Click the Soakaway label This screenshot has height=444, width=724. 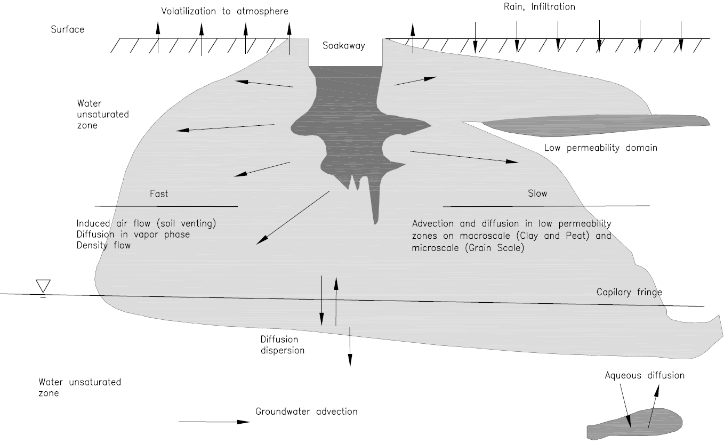pyautogui.click(x=344, y=46)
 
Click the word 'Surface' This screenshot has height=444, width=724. pyautogui.click(x=67, y=29)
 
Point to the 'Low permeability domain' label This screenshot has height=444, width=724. pyautogui.click(x=600, y=148)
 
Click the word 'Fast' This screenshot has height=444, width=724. pyautogui.click(x=159, y=194)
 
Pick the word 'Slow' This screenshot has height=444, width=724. pyautogui.click(x=537, y=193)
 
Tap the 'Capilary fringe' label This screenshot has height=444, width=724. pyautogui.click(x=629, y=292)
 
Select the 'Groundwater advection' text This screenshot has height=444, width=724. pyautogui.click(x=306, y=411)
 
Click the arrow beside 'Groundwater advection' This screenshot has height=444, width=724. pyautogui.click(x=213, y=422)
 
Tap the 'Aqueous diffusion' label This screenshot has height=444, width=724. pyautogui.click(x=644, y=375)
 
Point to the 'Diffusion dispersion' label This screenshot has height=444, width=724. pyautogui.click(x=282, y=345)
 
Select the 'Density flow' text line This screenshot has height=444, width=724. pyautogui.click(x=103, y=245)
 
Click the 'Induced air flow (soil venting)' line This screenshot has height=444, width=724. pyautogui.click(x=146, y=223)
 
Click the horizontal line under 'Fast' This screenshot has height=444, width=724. pyautogui.click(x=166, y=206)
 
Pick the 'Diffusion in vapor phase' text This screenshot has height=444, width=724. pyautogui.click(x=133, y=235)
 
